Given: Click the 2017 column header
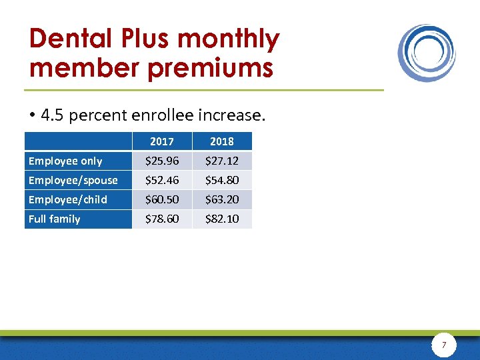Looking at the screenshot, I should (162, 141).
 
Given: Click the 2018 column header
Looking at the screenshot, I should (222, 141).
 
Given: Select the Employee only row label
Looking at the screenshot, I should (65, 161).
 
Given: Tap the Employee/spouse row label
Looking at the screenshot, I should (73, 180).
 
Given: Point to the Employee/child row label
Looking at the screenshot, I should (67, 199).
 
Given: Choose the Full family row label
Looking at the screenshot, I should (54, 219).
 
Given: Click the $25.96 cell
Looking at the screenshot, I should (162, 161).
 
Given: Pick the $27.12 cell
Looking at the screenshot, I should (222, 161).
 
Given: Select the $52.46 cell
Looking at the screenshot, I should (162, 180).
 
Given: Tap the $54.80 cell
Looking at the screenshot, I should (222, 180).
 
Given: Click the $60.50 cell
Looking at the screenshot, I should (162, 199).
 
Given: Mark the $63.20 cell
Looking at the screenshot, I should (222, 199).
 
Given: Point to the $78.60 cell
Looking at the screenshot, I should (162, 219).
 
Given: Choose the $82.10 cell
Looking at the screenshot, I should (222, 219).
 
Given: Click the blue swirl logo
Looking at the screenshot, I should (427, 53).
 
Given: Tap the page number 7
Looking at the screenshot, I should (444, 345).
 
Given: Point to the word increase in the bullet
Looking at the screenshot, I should (235, 115).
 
